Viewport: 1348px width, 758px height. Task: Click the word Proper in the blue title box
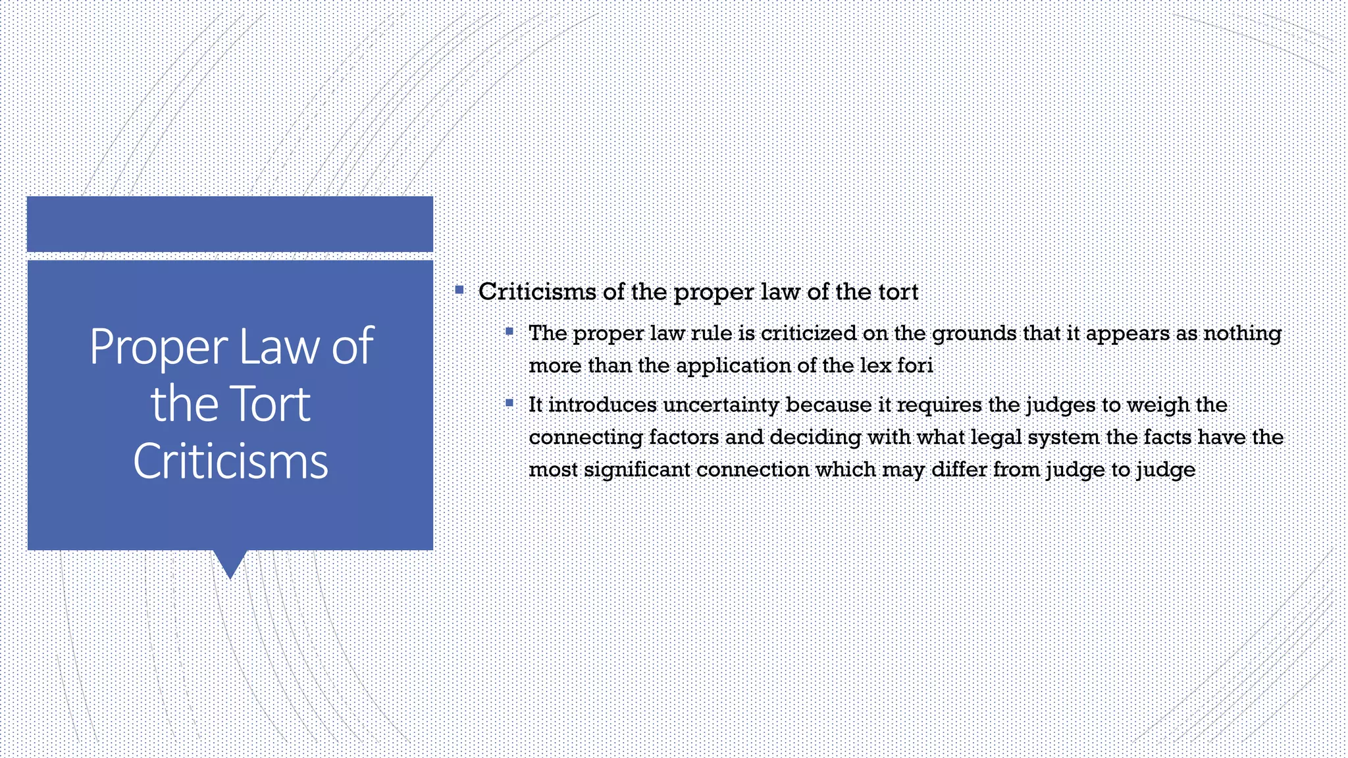tap(159, 347)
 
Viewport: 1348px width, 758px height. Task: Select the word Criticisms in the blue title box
tap(230, 461)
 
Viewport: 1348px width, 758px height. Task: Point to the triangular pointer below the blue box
tap(230, 563)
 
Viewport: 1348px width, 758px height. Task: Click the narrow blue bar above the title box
tap(230, 224)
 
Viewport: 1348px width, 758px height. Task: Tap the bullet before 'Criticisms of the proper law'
tap(459, 290)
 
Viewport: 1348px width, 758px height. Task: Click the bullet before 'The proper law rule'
tap(509, 332)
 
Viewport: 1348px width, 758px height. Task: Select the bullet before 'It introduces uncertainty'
tap(509, 403)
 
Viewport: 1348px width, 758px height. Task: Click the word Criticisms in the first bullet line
tap(537, 291)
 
